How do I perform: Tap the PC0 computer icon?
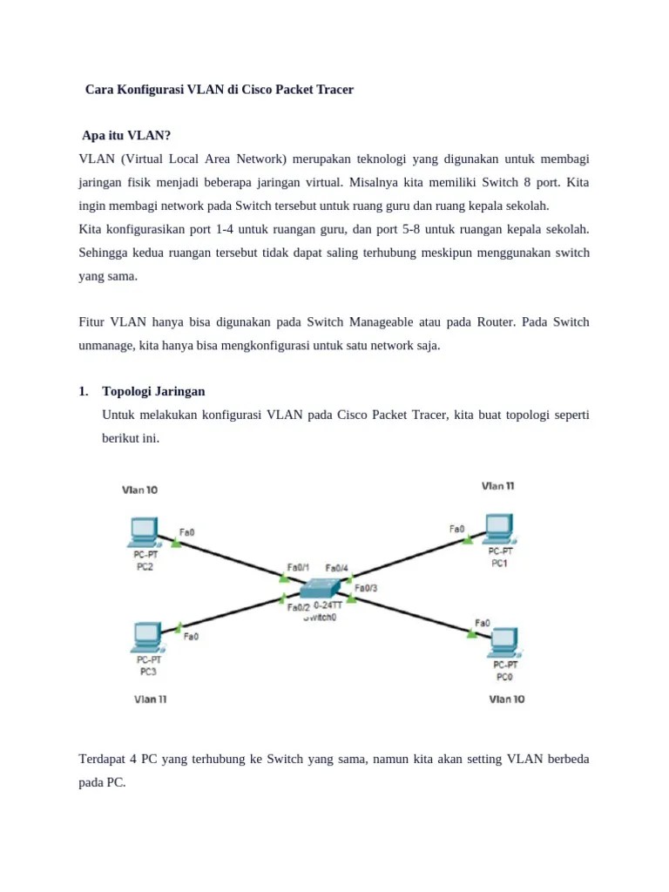(503, 643)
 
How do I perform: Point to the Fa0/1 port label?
(298, 568)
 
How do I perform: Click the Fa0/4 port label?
(336, 568)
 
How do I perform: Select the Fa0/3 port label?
(366, 587)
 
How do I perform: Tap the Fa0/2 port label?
(299, 607)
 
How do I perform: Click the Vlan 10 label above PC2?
(139, 490)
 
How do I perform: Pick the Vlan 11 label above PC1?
(497, 486)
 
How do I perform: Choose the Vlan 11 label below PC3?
(150, 699)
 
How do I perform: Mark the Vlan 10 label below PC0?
(507, 699)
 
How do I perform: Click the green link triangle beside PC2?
(175, 543)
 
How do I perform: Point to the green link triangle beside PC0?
(472, 633)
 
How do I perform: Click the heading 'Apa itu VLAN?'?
(126, 136)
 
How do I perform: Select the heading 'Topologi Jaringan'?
(153, 391)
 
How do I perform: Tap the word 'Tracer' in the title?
(332, 90)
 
